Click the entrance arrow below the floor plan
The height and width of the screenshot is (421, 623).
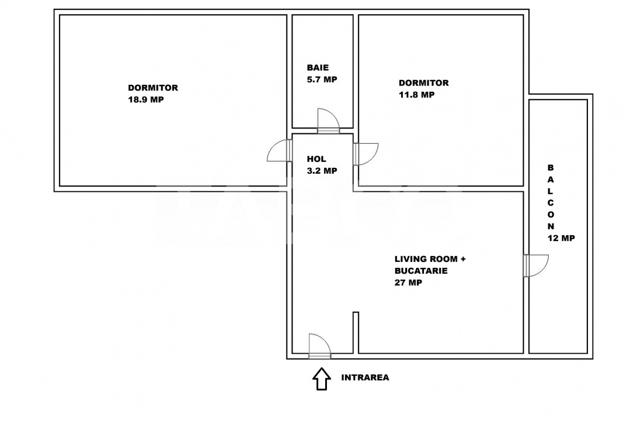click(321, 378)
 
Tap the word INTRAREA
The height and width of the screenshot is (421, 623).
click(365, 378)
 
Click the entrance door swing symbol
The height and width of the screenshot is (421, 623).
click(319, 345)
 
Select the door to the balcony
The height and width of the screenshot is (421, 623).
click(536, 265)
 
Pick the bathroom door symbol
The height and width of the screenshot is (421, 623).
click(327, 120)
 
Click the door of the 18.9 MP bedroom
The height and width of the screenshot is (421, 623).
click(280, 151)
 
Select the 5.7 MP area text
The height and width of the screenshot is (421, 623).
click(322, 80)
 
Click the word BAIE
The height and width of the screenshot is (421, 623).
click(318, 68)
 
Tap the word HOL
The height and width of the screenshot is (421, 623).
click(316, 159)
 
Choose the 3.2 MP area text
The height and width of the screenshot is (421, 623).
click(322, 171)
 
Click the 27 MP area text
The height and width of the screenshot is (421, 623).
click(408, 282)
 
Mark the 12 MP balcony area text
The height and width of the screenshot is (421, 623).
click(561, 238)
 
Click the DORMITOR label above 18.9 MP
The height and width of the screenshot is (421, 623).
click(153, 88)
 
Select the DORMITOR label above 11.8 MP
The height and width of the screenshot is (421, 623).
click(423, 83)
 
